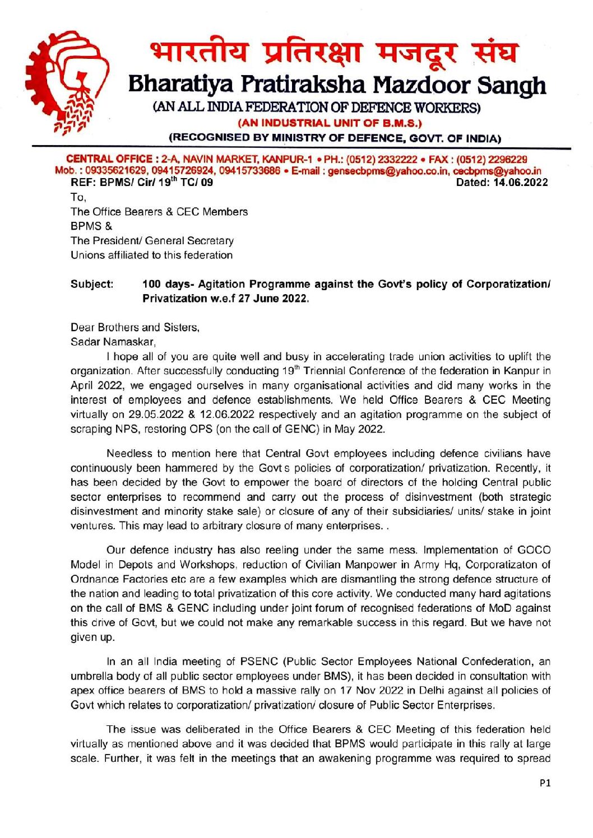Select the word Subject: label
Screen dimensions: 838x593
pos(92,284)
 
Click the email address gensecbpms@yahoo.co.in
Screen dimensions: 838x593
pos(388,171)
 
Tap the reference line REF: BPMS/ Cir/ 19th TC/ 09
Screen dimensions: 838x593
pos(142,182)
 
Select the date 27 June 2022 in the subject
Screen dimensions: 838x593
pos(273,299)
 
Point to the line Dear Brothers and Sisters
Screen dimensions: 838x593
pos(135,327)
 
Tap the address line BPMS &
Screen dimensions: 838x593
pos(91,226)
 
